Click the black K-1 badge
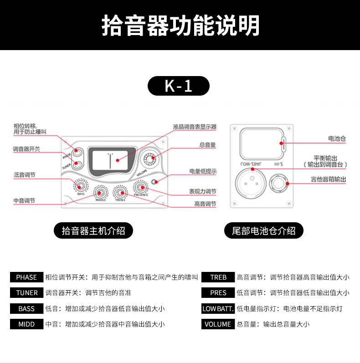[179, 86]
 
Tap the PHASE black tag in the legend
[26, 277]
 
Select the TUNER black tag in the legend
[26, 293]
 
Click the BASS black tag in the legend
[26, 309]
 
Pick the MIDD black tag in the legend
[26, 324]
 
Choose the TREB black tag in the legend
[218, 277]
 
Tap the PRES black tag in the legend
[218, 293]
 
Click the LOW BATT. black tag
[218, 309]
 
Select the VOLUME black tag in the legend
[218, 324]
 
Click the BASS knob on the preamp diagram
[81, 185]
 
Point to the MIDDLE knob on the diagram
[101, 192]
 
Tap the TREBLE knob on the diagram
[120, 192]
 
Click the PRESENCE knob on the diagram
[140, 187]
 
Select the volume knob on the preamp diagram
[149, 158]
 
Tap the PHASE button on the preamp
[77, 153]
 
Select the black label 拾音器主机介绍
[93, 230]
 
